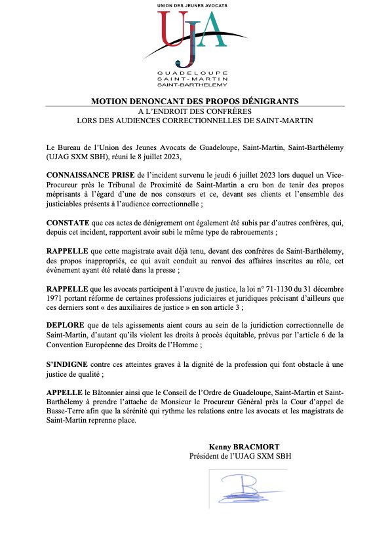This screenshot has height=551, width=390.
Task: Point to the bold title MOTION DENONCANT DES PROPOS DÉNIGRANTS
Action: [195, 102]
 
